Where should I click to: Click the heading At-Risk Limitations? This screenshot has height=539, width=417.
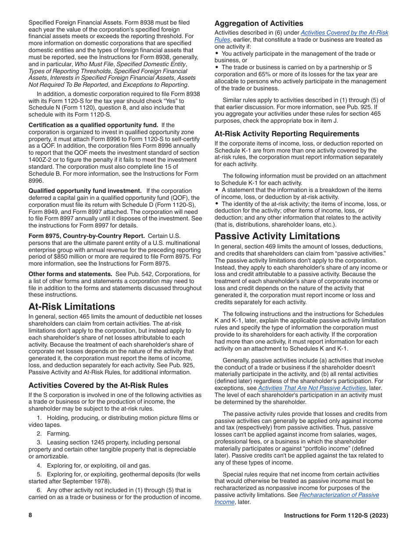tap(72, 306)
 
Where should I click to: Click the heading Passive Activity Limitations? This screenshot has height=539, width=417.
tap(277, 236)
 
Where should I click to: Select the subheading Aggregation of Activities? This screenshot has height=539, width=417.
tap(259, 23)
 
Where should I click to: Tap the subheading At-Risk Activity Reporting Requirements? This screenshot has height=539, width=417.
tap(287, 134)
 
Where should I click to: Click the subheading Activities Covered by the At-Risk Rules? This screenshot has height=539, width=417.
tap(98, 385)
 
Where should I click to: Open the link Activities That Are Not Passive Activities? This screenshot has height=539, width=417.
tap(312, 388)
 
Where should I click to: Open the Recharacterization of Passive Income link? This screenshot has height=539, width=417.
tap(339, 495)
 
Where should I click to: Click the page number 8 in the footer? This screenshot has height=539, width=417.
tap(30, 515)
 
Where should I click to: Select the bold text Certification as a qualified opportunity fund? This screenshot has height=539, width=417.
tap(93, 125)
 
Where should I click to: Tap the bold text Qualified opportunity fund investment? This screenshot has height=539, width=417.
tap(85, 191)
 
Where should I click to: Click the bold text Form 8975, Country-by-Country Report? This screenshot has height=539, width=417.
tap(86, 236)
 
